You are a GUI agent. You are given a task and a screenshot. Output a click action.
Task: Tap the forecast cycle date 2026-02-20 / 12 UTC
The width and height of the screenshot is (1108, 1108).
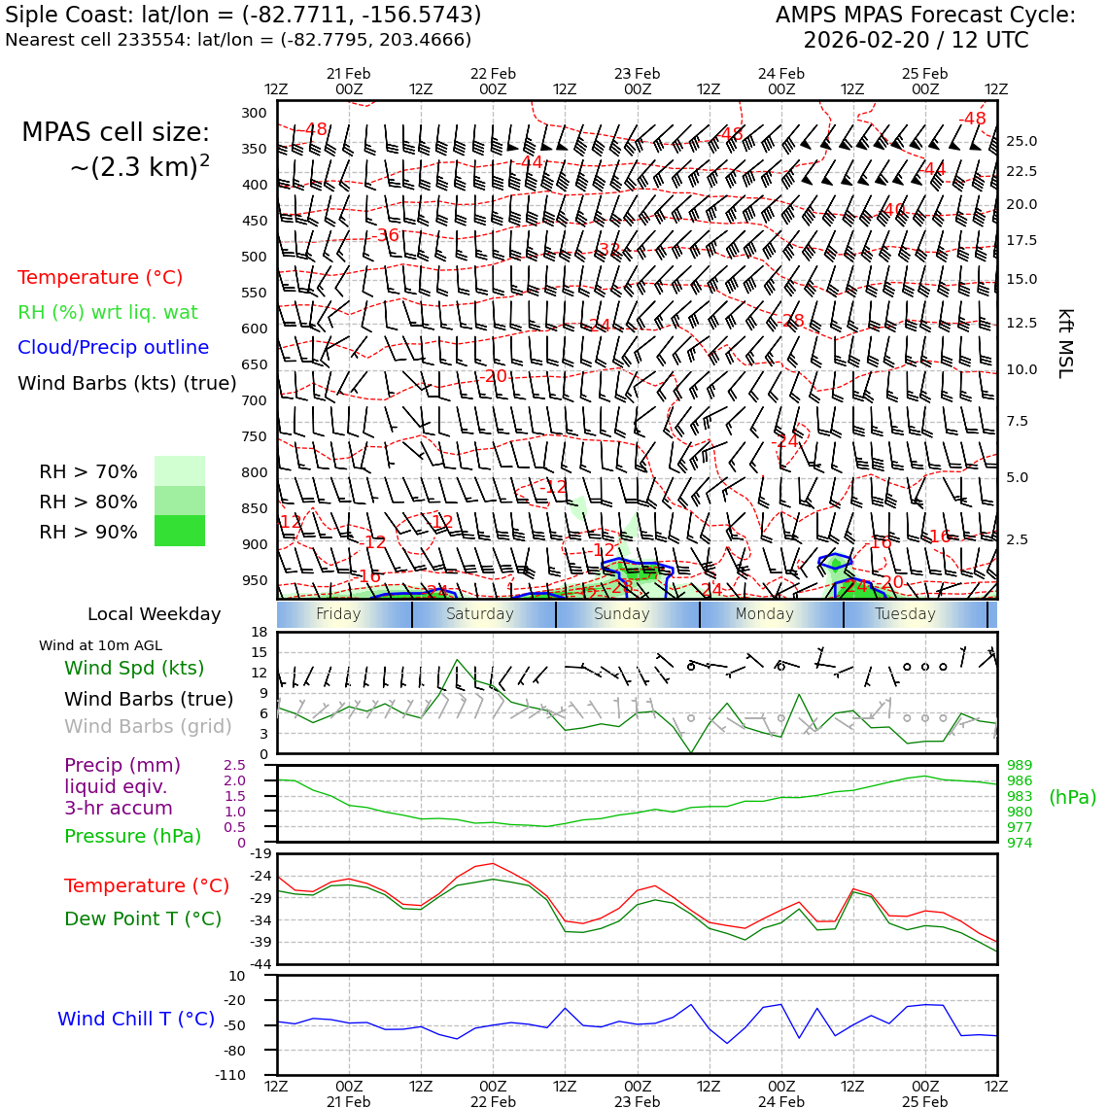click(x=915, y=41)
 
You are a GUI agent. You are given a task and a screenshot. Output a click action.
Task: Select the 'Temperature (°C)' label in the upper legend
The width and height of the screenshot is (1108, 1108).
click(x=100, y=277)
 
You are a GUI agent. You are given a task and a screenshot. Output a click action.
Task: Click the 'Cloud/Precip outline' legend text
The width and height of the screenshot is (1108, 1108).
click(x=113, y=347)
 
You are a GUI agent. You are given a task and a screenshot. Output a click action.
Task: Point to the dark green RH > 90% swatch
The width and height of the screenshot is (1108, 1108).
click(x=180, y=532)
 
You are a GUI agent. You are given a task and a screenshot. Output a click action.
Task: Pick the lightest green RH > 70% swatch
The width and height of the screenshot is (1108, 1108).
click(x=180, y=471)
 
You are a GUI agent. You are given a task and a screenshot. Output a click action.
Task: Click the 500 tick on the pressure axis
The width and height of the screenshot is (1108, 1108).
click(x=254, y=257)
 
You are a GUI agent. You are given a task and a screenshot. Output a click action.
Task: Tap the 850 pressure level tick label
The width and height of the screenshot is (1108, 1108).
click(x=254, y=508)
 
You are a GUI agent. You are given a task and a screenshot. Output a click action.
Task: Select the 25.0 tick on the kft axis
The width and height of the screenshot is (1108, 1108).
click(x=1021, y=141)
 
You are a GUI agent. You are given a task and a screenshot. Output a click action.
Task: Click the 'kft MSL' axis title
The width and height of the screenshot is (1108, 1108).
click(x=1065, y=343)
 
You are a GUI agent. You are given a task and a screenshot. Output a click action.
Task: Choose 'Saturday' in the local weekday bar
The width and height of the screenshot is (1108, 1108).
click(x=479, y=614)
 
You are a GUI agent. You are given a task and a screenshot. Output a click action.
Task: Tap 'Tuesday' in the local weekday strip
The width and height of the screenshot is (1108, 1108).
click(x=905, y=614)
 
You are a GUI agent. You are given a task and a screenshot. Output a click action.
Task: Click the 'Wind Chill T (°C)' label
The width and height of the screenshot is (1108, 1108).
click(x=136, y=1019)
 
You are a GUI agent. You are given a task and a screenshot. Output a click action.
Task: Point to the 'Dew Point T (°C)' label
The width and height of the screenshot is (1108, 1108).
click(x=143, y=918)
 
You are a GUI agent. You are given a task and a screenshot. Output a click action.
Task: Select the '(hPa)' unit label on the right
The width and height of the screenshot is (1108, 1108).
click(x=1072, y=797)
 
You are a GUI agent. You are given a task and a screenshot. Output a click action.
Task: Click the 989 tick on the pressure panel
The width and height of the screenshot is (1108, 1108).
click(x=1020, y=766)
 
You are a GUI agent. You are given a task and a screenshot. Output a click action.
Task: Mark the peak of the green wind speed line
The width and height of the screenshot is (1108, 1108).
click(x=457, y=661)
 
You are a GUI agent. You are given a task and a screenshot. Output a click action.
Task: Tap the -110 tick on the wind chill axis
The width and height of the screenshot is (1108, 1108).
click(x=230, y=1075)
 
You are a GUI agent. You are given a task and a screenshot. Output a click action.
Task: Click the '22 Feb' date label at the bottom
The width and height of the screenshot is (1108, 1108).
click(x=493, y=1102)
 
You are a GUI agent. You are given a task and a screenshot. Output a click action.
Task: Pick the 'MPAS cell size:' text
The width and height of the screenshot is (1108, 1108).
click(x=116, y=132)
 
